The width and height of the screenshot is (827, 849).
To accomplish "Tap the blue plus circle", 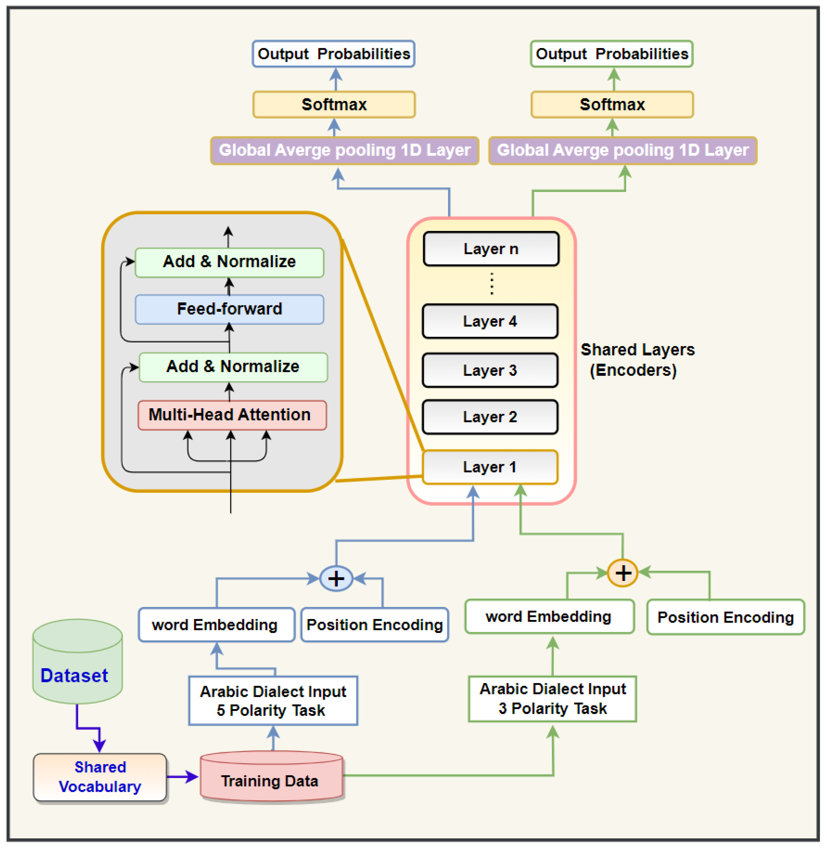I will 336,578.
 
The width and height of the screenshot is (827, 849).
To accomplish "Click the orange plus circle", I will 622,573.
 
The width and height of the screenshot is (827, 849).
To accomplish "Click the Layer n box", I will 491,249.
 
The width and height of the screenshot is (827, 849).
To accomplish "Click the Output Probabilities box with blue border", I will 333,54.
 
